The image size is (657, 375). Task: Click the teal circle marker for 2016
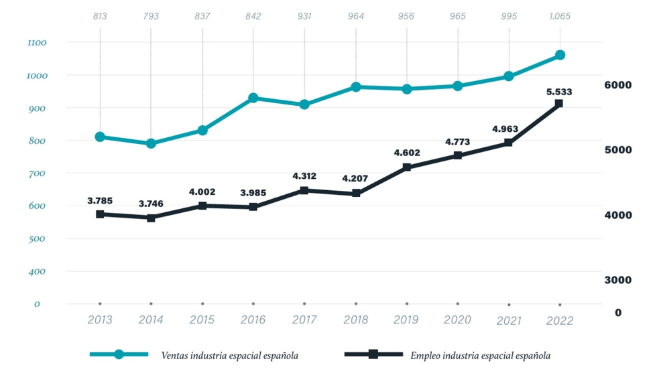(253, 98)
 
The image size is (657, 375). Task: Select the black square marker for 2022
(559, 104)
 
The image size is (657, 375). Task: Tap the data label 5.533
(559, 92)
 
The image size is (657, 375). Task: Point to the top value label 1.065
(559, 16)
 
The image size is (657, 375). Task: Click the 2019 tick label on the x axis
(406, 320)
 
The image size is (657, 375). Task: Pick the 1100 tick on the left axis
(36, 43)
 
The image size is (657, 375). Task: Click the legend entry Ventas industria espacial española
(229, 356)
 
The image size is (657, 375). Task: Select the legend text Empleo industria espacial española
(480, 356)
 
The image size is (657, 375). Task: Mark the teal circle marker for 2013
(100, 137)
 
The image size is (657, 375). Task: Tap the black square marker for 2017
(304, 191)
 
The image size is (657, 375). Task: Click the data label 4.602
(407, 153)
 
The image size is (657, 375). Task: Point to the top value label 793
(151, 16)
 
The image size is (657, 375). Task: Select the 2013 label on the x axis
(100, 320)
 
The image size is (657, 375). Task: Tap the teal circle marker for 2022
(560, 55)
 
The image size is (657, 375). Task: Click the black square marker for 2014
(151, 218)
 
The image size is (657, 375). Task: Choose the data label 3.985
(253, 193)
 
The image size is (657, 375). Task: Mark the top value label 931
(304, 16)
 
